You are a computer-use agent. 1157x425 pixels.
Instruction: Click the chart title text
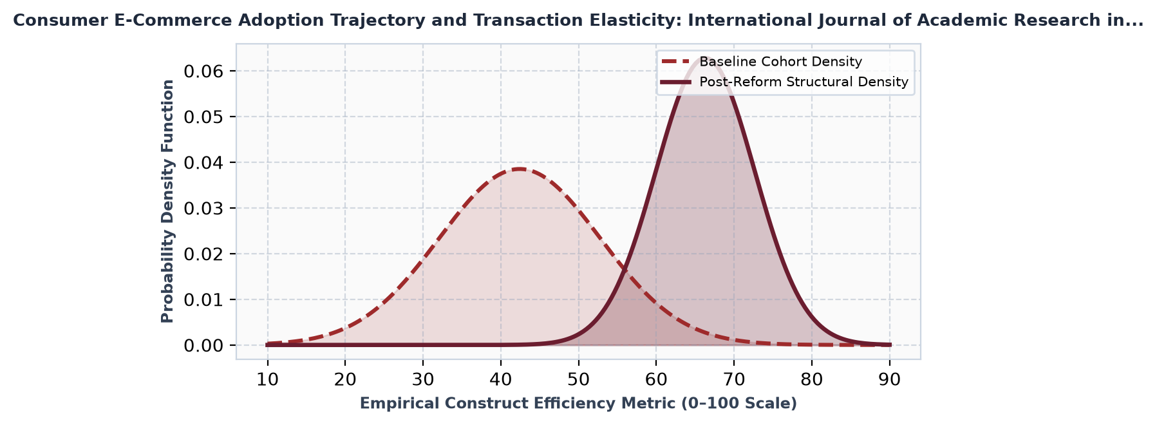pyautogui.click(x=578, y=21)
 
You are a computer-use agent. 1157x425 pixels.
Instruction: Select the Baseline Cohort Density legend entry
pyautogui.click(x=761, y=62)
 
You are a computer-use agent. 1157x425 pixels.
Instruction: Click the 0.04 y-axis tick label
pyautogui.click(x=204, y=162)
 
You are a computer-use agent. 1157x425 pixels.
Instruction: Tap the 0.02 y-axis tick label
pyautogui.click(x=204, y=254)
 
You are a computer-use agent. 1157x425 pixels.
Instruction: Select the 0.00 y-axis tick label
pyautogui.click(x=204, y=346)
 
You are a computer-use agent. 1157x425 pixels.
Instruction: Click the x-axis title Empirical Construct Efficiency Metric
pyautogui.click(x=578, y=404)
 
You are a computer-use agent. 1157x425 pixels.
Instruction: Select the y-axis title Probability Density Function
pyautogui.click(x=167, y=201)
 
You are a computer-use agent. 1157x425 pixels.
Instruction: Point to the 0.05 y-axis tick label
pyautogui.click(x=204, y=117)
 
